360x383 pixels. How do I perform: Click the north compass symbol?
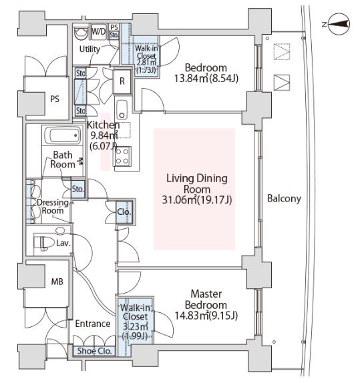pos(339,24)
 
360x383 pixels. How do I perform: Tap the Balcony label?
pos(284,198)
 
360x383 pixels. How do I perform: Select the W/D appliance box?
pos(99,31)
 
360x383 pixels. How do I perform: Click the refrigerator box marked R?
pos(122,81)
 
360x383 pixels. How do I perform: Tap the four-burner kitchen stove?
pos(122,156)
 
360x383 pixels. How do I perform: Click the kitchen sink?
pos(122,109)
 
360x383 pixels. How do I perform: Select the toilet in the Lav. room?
pos(44,243)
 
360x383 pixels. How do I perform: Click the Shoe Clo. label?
pos(94,351)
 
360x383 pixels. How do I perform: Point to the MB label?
pos(57,282)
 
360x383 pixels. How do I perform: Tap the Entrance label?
pos(93,324)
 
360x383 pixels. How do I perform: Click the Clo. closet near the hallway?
pos(124,212)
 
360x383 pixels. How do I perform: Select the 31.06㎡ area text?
pos(197,200)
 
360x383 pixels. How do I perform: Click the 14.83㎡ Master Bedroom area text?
pos(206,316)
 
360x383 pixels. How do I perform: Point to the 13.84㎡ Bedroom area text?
pos(206,79)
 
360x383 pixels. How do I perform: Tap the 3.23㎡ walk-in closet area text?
pos(135,326)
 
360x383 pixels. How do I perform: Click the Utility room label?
pos(89,49)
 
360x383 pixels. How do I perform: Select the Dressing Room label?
pos(53,207)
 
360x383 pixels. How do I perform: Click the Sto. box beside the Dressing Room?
pos(78,189)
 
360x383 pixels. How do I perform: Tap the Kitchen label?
pos(104,125)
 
